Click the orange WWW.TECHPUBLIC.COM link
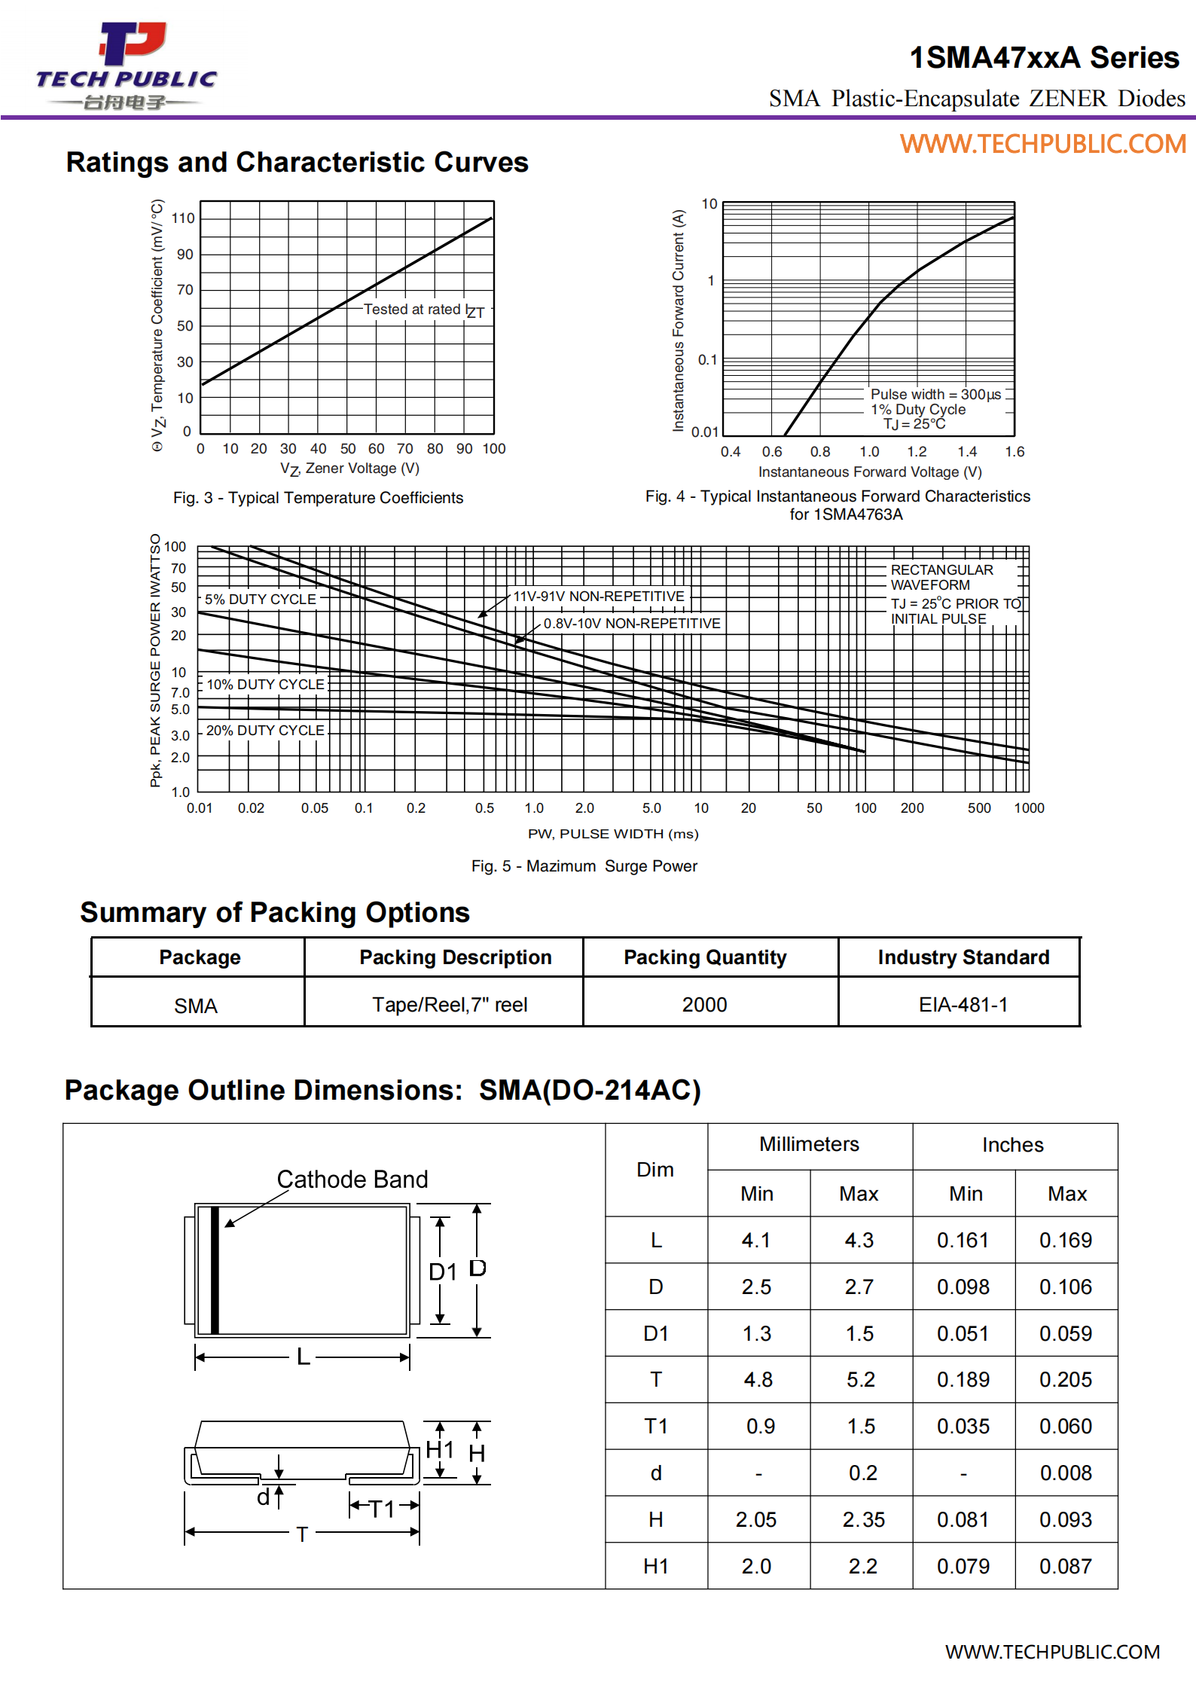1042,144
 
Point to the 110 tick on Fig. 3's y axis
183,218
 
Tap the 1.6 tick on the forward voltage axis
1014,452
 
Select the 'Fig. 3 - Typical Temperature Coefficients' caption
318,498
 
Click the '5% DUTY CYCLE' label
260,600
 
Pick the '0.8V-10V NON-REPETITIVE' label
631,624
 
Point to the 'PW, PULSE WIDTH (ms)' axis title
613,834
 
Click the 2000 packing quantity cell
704,1005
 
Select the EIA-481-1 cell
963,1005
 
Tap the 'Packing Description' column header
455,957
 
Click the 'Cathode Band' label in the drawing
352,1180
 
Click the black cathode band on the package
215,1270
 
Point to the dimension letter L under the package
303,1357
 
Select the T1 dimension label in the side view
382,1509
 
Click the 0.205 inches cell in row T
1065,1380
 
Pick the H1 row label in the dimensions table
655,1567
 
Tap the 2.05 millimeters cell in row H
756,1520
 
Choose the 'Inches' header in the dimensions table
1012,1146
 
